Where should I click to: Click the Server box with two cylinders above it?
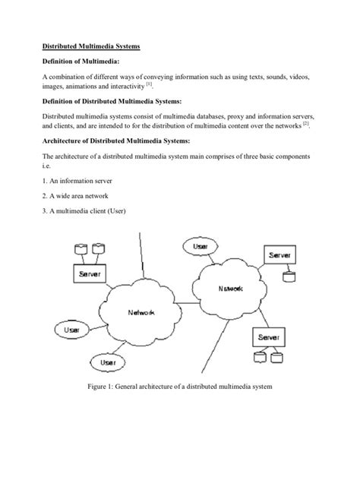(x=87, y=272)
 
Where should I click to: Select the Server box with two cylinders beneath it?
(x=271, y=337)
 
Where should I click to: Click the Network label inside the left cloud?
(x=142, y=312)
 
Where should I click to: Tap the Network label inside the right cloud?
(x=231, y=289)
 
